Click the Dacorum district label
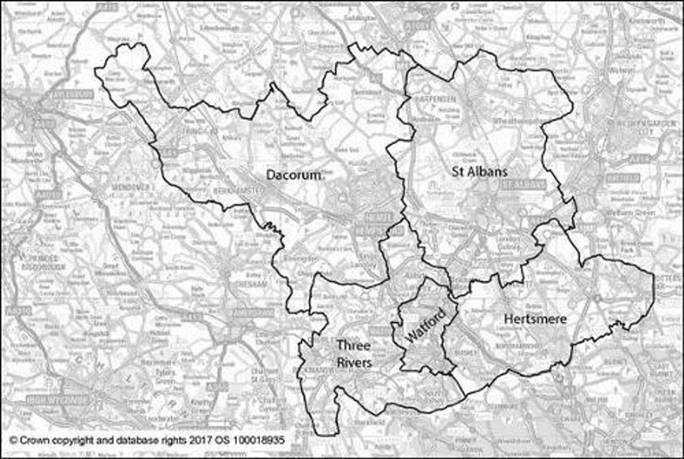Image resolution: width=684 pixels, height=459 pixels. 293,174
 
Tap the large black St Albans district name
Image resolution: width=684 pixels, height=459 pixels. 477,171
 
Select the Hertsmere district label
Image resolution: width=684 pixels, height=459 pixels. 535,319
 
